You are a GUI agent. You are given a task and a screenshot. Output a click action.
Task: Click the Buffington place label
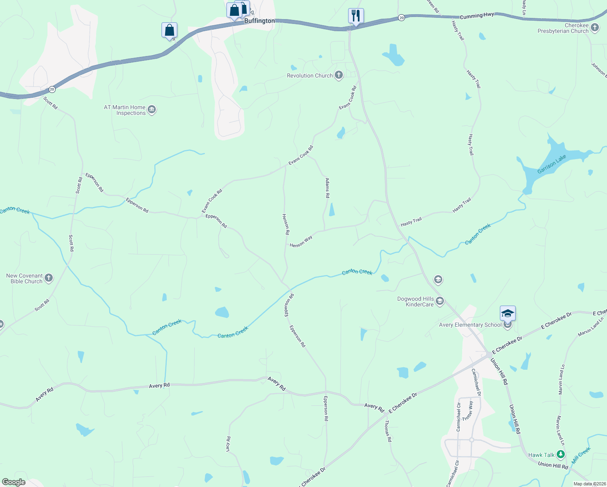point(259,21)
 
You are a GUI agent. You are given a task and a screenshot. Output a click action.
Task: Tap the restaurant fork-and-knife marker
point(355,16)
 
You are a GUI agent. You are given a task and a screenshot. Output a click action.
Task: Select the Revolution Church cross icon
point(339,75)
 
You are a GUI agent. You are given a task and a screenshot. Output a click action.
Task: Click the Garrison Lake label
point(551,164)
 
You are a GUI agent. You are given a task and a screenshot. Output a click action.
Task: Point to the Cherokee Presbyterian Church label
point(563,28)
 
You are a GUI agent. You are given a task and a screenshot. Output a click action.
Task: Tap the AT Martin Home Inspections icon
point(152,110)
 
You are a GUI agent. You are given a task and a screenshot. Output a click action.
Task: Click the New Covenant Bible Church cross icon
point(49,278)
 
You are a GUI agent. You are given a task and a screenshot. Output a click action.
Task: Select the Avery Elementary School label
point(470,325)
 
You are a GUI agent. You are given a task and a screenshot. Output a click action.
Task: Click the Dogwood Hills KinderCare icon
point(440,301)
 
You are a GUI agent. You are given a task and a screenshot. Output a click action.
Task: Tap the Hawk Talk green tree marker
point(560,455)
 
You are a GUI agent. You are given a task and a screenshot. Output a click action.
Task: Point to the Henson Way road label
point(301,241)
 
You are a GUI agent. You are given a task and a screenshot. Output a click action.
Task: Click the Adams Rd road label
point(327,187)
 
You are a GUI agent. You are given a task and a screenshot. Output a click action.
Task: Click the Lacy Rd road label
point(228,444)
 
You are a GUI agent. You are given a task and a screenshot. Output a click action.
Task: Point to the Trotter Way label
point(468,410)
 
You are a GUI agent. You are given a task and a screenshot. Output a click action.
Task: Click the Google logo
point(13,482)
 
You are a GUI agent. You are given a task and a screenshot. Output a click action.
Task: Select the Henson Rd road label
point(286,224)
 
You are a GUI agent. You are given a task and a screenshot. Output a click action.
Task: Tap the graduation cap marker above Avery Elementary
point(508,313)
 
